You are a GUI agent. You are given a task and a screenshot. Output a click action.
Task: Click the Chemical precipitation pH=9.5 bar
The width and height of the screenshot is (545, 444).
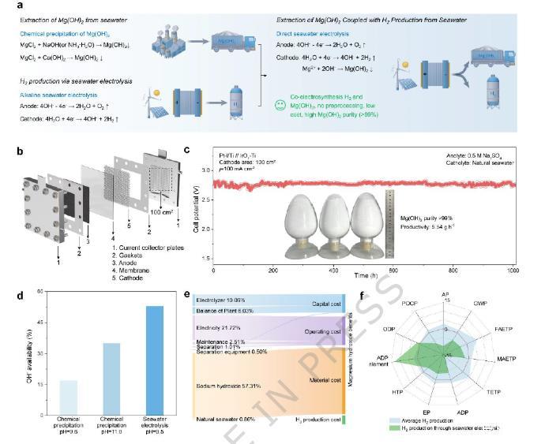(69, 395)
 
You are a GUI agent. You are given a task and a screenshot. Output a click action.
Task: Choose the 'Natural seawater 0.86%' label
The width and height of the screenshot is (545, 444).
(224, 419)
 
